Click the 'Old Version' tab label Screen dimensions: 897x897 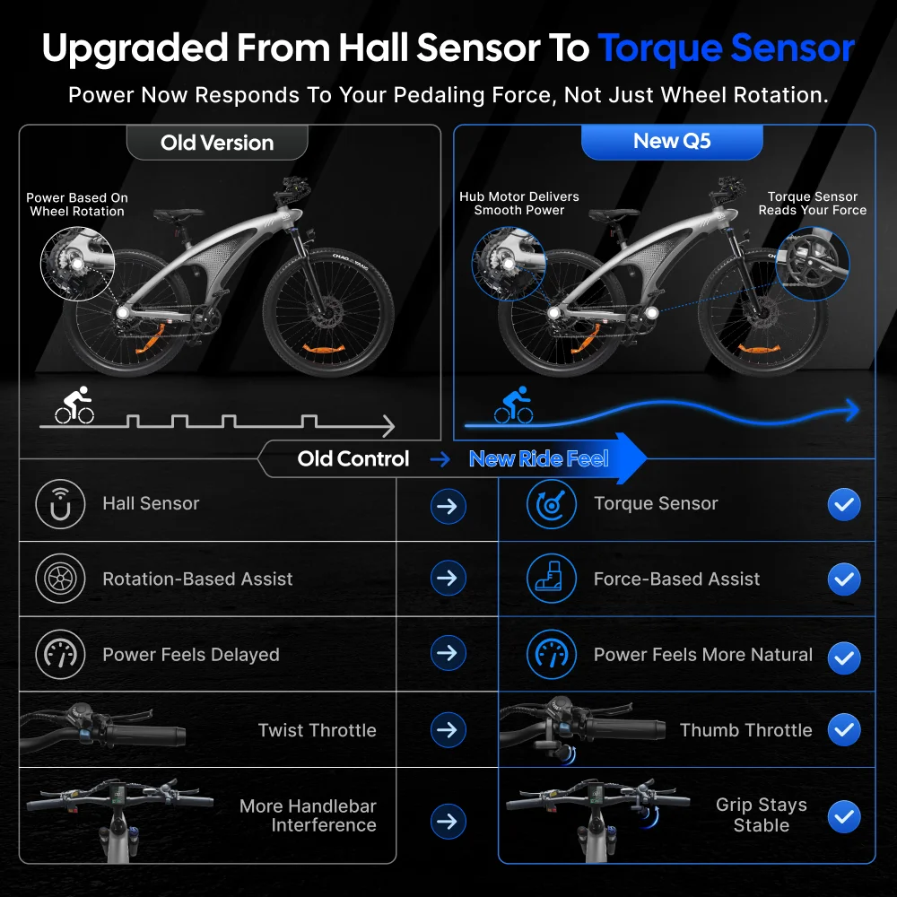pyautogui.click(x=217, y=143)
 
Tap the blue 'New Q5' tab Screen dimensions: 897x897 pyautogui.click(x=672, y=142)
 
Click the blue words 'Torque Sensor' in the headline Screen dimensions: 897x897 pyautogui.click(x=726, y=48)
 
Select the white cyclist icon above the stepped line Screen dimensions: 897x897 pyautogui.click(x=75, y=405)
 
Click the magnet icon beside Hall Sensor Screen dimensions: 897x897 pyautogui.click(x=60, y=504)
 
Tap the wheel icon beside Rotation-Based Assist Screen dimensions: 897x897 pyautogui.click(x=60, y=579)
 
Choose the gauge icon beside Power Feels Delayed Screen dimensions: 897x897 pyautogui.click(x=60, y=655)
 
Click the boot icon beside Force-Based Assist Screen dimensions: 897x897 pyautogui.click(x=551, y=579)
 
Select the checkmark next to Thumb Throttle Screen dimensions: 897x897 pyautogui.click(x=844, y=730)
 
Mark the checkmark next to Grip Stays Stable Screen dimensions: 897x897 pyautogui.click(x=844, y=816)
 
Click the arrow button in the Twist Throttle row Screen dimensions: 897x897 pyautogui.click(x=448, y=730)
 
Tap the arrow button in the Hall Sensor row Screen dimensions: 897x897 pyautogui.click(x=448, y=506)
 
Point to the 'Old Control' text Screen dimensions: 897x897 pyautogui.click(x=353, y=458)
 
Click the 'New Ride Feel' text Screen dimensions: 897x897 pyautogui.click(x=538, y=458)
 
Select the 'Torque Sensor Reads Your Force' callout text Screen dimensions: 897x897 pyautogui.click(x=813, y=204)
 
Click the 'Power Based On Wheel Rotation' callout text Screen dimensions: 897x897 pyautogui.click(x=77, y=205)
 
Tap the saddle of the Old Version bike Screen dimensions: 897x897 pyautogui.click(x=179, y=214)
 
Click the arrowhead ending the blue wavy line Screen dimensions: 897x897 pyautogui.click(x=852, y=410)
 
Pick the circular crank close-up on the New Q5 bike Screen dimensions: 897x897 pyautogui.click(x=813, y=264)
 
